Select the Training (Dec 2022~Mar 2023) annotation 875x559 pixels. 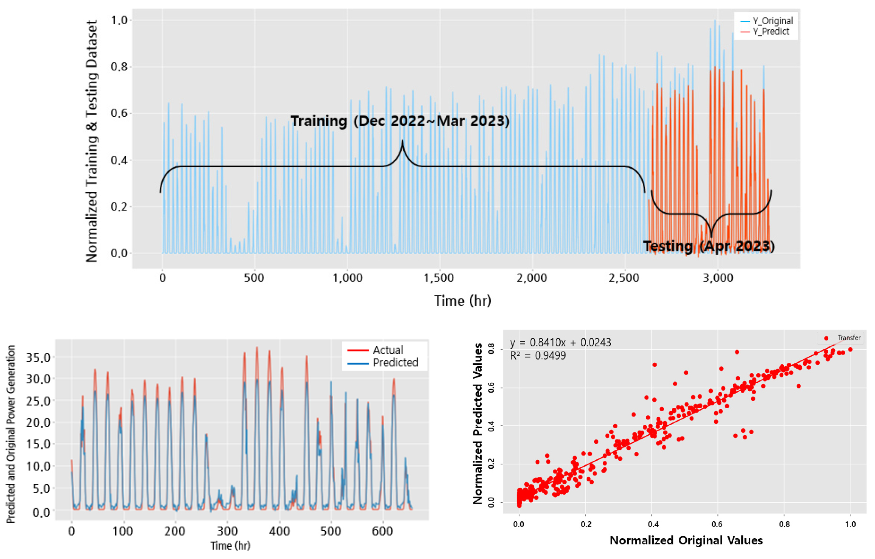coord(400,121)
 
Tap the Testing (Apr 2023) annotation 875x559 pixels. coord(709,246)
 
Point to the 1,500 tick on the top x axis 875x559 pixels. coord(439,278)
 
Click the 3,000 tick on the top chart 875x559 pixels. coord(718,278)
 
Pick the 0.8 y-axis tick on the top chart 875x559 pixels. coord(119,67)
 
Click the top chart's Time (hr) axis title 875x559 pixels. coord(463,301)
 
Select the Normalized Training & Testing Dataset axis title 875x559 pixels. coord(91,141)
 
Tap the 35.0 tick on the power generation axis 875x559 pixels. coord(38,357)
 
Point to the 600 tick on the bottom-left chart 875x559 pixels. coord(382,532)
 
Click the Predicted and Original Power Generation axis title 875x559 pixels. coord(11,434)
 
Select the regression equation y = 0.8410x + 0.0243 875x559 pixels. coord(561,343)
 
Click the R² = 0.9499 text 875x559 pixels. coord(538,356)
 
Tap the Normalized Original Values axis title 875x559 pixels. coord(686,541)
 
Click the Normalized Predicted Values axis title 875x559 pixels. coord(478,423)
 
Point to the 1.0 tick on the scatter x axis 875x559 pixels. coord(850,524)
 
